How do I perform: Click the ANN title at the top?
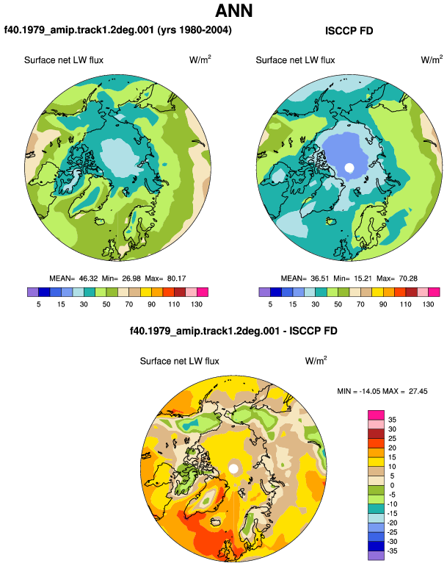(234, 11)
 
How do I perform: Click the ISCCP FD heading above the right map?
(349, 31)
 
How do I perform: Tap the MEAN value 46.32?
(88, 279)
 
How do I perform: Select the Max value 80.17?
(177, 279)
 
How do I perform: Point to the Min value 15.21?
(362, 279)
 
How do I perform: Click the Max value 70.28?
(408, 279)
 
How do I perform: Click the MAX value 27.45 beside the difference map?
(418, 391)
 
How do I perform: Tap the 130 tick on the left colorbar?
(197, 304)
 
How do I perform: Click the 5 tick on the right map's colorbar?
(270, 304)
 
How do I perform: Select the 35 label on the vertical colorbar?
(392, 420)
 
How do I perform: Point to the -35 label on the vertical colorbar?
(392, 551)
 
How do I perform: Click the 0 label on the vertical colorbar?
(392, 485)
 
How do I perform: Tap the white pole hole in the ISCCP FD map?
(349, 168)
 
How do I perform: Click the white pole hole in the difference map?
(233, 469)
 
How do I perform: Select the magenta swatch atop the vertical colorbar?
(376, 415)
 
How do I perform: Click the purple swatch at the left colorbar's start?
(33, 292)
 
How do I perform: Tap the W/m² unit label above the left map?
(200, 60)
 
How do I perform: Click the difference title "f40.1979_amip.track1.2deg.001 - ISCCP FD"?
(233, 331)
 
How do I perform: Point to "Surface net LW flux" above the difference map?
(180, 361)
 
